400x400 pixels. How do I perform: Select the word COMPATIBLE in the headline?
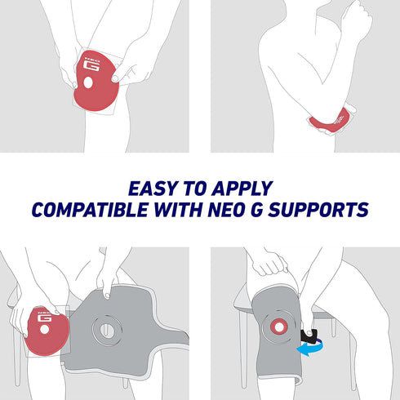pos(90,210)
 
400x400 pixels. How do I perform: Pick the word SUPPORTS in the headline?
pos(318,210)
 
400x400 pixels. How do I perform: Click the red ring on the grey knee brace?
pos(278,327)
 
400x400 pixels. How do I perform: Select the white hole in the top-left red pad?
pos(88,82)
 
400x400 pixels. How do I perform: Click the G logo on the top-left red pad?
pos(91,65)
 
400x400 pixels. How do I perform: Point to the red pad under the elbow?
pos(330,121)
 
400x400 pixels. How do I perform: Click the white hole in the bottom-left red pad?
pos(44,330)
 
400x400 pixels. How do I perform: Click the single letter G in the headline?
pos(257,210)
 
